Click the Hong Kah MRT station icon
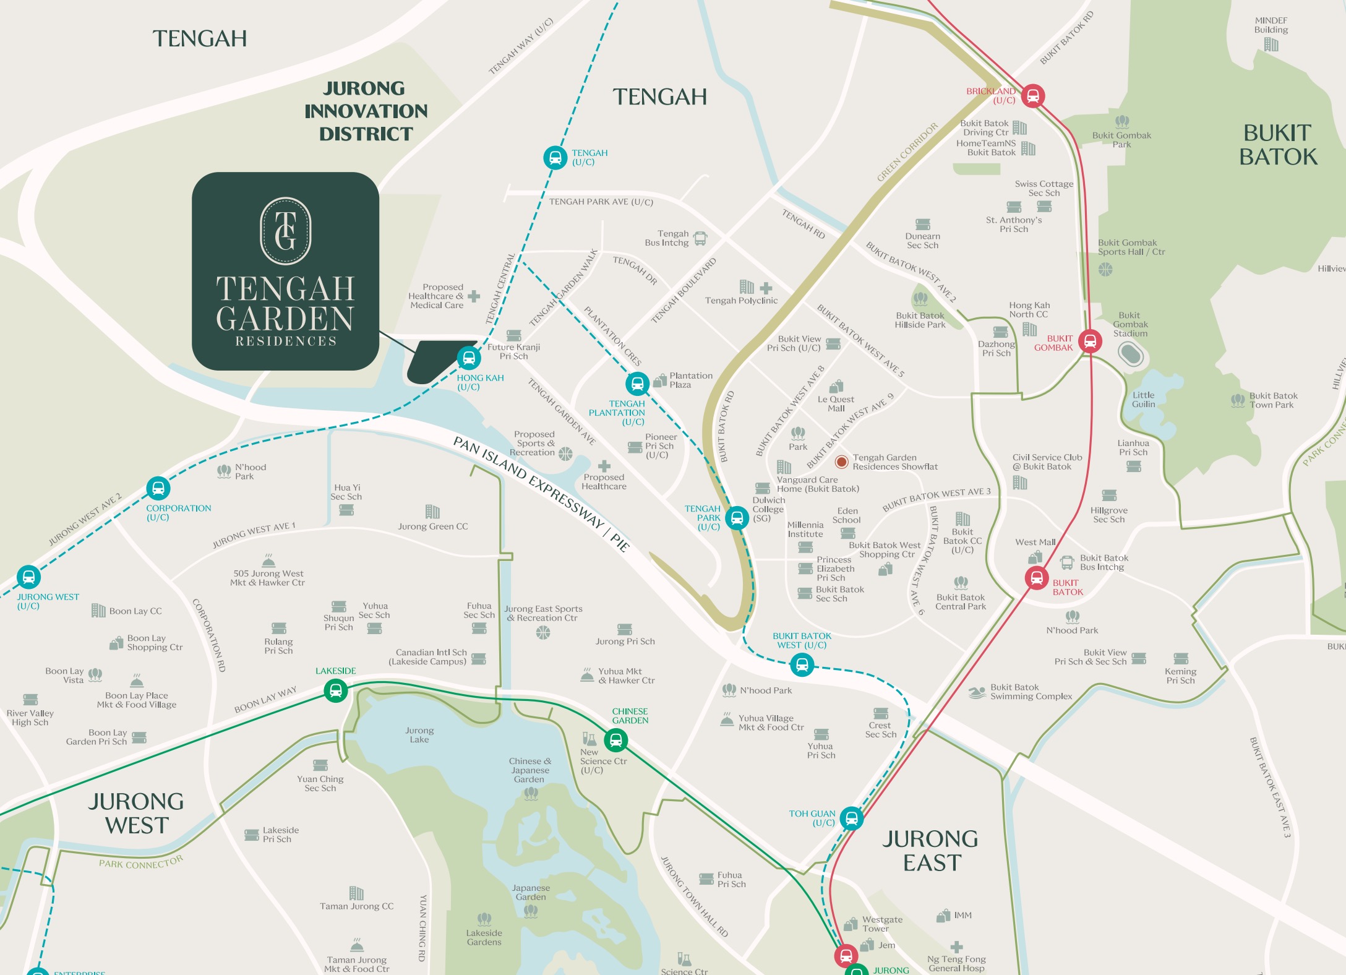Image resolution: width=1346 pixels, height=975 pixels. pyautogui.click(x=469, y=358)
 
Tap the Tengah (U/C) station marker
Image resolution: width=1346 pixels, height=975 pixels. pyautogui.click(x=555, y=157)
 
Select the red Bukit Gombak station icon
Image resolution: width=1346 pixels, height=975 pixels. pyautogui.click(x=1090, y=341)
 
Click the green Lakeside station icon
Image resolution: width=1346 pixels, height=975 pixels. pyautogui.click(x=335, y=690)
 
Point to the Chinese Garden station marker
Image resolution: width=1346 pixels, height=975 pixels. pyautogui.click(x=615, y=740)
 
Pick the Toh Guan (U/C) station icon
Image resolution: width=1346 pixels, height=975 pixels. pyautogui.click(x=851, y=818)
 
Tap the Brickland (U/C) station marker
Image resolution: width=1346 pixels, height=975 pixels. pyautogui.click(x=1032, y=96)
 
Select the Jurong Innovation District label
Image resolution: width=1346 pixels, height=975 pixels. pyautogui.click(x=366, y=111)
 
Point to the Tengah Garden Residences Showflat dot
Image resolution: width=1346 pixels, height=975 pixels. pyautogui.click(x=841, y=462)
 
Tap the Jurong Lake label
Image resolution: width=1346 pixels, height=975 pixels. pyautogui.click(x=419, y=735)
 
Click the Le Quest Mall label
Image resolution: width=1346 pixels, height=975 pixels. pyautogui.click(x=836, y=403)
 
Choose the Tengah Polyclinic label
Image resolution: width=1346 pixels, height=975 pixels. pyautogui.click(x=741, y=301)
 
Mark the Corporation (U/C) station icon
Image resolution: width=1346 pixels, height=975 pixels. pyautogui.click(x=158, y=488)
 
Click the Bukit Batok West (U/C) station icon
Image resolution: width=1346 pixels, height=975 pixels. pyautogui.click(x=802, y=665)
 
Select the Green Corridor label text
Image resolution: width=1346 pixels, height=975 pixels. pyautogui.click(x=907, y=152)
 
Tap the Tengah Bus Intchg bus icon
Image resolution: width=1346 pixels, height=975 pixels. pyautogui.click(x=700, y=238)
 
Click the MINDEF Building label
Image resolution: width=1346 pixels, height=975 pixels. pyautogui.click(x=1271, y=25)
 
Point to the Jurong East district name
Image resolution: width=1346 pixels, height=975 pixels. pyautogui.click(x=930, y=851)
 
